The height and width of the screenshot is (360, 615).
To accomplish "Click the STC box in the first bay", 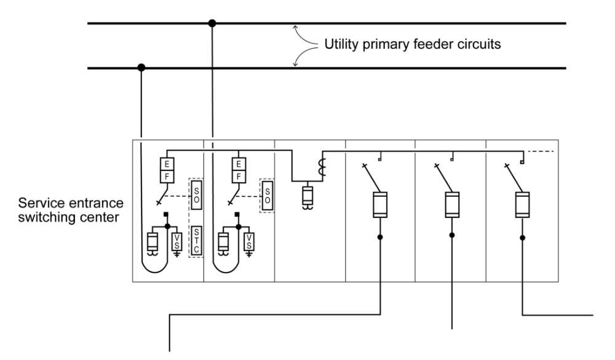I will pyautogui.click(x=196, y=238).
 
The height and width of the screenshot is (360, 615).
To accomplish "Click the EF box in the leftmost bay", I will pyautogui.click(x=165, y=170).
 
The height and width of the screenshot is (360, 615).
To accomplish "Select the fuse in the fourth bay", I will pyautogui.click(x=381, y=205).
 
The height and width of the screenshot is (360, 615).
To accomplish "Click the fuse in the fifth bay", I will pyautogui.click(x=452, y=205).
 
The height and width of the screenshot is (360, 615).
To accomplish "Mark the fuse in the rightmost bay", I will pyautogui.click(x=523, y=205).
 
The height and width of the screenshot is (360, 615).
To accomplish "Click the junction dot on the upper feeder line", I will pyautogui.click(x=212, y=23).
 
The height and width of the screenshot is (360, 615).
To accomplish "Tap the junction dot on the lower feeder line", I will pyautogui.click(x=141, y=68).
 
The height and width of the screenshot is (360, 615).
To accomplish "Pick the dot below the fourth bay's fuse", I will pyautogui.click(x=381, y=236).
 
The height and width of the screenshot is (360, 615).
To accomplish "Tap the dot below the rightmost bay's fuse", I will pyautogui.click(x=523, y=236).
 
